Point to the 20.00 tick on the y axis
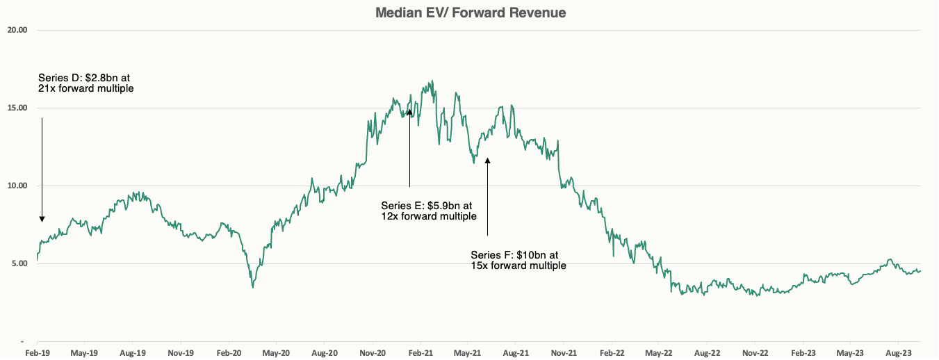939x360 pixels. point(17,31)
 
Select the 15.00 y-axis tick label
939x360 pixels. point(17,108)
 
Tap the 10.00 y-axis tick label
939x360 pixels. point(17,186)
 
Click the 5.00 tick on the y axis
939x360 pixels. point(18,263)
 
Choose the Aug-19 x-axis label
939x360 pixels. point(132,353)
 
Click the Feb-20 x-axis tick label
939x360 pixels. point(229,353)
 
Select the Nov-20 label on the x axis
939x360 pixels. point(373,353)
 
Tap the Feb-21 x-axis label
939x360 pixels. point(420,353)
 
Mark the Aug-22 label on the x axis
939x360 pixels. point(708,353)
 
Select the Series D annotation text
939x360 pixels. point(85,83)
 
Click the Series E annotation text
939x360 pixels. point(428,211)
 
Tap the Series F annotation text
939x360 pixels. point(518,260)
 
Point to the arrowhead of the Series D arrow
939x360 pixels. point(42,219)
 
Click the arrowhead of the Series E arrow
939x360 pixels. point(409,110)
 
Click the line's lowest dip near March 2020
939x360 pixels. point(253,287)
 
